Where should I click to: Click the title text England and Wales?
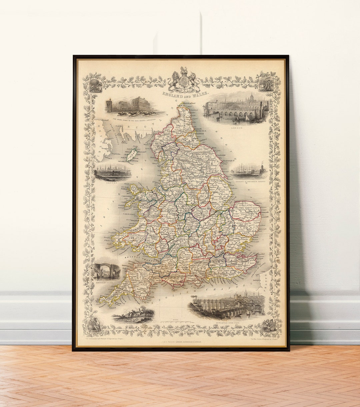[185, 94]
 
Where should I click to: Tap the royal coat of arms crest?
[184, 80]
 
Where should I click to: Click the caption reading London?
[236, 128]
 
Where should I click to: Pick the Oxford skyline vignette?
[112, 173]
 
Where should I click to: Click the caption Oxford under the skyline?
[112, 182]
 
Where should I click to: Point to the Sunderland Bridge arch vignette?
[107, 271]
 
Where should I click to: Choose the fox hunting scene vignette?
[133, 315]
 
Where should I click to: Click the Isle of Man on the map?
[132, 154]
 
